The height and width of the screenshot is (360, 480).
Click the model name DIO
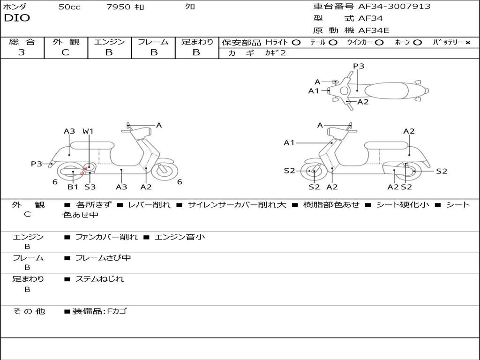click(x=17, y=18)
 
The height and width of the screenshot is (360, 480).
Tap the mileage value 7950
click(x=119, y=7)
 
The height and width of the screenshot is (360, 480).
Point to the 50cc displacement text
click(x=69, y=7)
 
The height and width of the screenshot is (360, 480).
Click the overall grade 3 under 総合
click(x=22, y=52)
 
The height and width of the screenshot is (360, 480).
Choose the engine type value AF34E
click(x=374, y=31)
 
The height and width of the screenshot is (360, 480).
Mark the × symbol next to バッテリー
click(x=467, y=42)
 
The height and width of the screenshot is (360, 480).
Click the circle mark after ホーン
click(x=418, y=42)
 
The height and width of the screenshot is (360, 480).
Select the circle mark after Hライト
click(x=296, y=42)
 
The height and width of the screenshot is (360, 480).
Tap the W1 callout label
click(x=88, y=131)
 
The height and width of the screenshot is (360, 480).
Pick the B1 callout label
click(x=73, y=187)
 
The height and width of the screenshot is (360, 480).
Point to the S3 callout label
click(x=90, y=187)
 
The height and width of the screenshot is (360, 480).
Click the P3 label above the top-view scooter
click(x=359, y=66)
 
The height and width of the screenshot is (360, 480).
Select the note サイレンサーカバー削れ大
click(x=237, y=205)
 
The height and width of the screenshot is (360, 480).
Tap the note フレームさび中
click(x=103, y=258)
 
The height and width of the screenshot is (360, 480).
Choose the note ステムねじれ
click(x=99, y=279)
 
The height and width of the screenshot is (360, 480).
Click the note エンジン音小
click(x=180, y=237)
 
